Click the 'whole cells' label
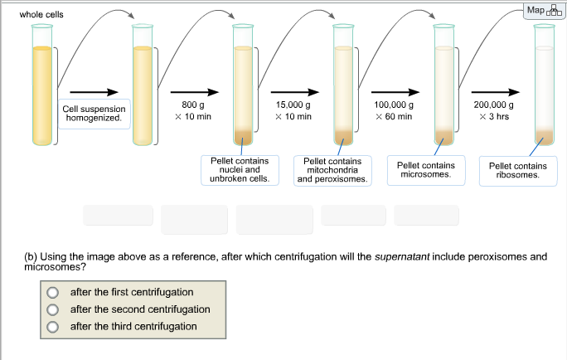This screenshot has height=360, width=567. [x=41, y=15]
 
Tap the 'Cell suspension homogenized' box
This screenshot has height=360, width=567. [x=93, y=114]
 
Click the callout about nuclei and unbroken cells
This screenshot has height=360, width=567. [x=241, y=169]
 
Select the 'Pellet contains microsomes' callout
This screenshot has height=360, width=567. [x=425, y=169]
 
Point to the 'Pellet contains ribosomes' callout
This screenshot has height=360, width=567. [x=518, y=169]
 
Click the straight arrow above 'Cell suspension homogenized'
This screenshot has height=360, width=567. [x=93, y=92]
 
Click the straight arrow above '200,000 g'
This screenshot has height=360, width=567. [x=497, y=92]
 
